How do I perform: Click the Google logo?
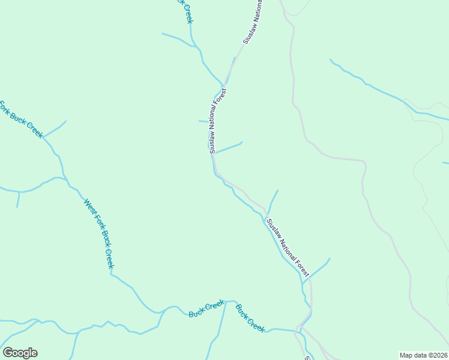coord(20,353)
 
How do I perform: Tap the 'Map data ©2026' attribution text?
coord(423,355)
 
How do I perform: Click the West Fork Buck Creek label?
coord(99,234)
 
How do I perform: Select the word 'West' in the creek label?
coord(89,206)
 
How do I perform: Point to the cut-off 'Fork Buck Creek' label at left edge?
coord(21,119)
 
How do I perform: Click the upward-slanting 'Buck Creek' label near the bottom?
coord(206,310)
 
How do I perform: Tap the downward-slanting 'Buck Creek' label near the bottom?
coord(250,319)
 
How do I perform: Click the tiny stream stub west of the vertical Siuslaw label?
coord(203,121)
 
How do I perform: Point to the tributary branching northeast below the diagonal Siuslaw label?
coord(318,268)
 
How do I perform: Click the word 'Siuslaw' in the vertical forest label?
coord(212,142)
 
